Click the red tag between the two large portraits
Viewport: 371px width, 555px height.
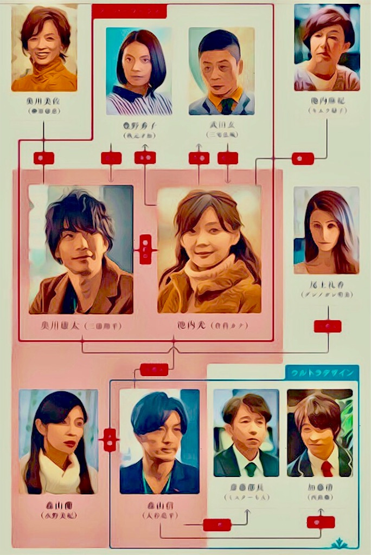pos(145,249)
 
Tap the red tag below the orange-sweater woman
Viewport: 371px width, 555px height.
pos(43,158)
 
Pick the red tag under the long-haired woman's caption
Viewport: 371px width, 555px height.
pos(328,326)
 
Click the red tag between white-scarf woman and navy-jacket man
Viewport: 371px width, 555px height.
pos(110,440)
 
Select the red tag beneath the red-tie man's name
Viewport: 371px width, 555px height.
pos(321,521)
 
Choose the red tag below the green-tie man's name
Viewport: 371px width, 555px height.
pos(217,525)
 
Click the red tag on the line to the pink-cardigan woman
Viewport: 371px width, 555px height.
pos(303,158)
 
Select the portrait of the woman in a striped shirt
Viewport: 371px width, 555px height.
pos(138,72)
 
